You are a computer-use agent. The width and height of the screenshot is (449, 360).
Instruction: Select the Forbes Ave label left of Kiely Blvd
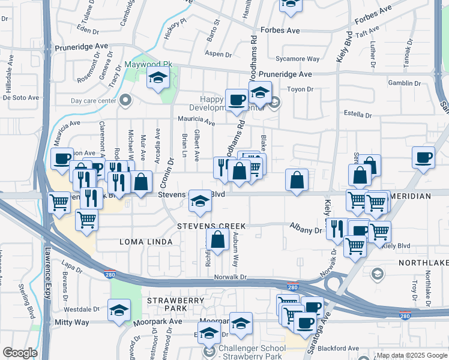(x=279, y=30)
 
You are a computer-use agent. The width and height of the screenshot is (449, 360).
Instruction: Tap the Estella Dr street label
(x=358, y=114)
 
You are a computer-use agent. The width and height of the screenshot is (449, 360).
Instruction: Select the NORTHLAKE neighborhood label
(x=423, y=263)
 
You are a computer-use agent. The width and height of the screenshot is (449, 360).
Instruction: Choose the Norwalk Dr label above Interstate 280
(x=231, y=277)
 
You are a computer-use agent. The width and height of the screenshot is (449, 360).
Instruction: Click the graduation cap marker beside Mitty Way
(x=119, y=312)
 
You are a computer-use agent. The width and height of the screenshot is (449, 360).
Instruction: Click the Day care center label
(x=93, y=101)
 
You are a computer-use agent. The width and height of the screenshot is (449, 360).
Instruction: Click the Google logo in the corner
(x=20, y=353)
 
